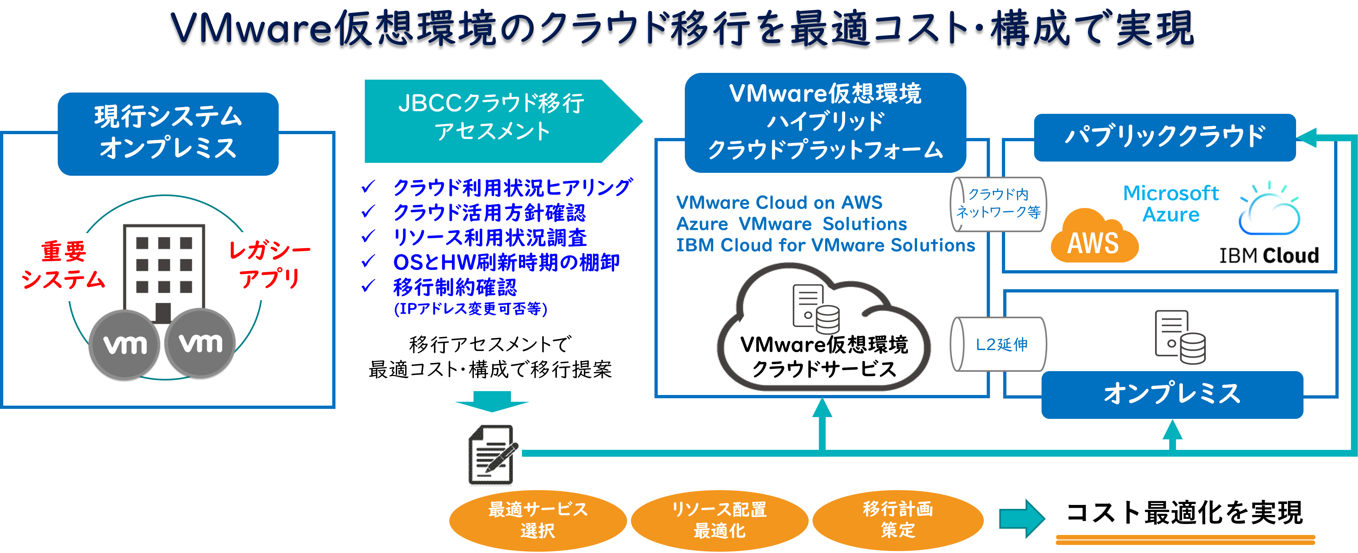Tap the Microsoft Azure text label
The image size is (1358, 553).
click(x=1171, y=204)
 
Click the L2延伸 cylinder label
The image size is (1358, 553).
click(x=999, y=344)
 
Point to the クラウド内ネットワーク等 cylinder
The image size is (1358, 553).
click(x=998, y=204)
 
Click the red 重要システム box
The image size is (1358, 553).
click(x=63, y=266)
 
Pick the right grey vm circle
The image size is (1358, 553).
click(x=200, y=343)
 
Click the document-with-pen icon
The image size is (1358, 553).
click(x=491, y=453)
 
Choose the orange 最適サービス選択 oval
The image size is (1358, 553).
click(x=538, y=520)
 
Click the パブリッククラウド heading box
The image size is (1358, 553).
click(x=1164, y=137)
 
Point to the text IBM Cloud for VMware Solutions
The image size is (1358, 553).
click(x=825, y=245)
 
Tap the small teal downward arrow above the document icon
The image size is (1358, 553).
click(x=492, y=402)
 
